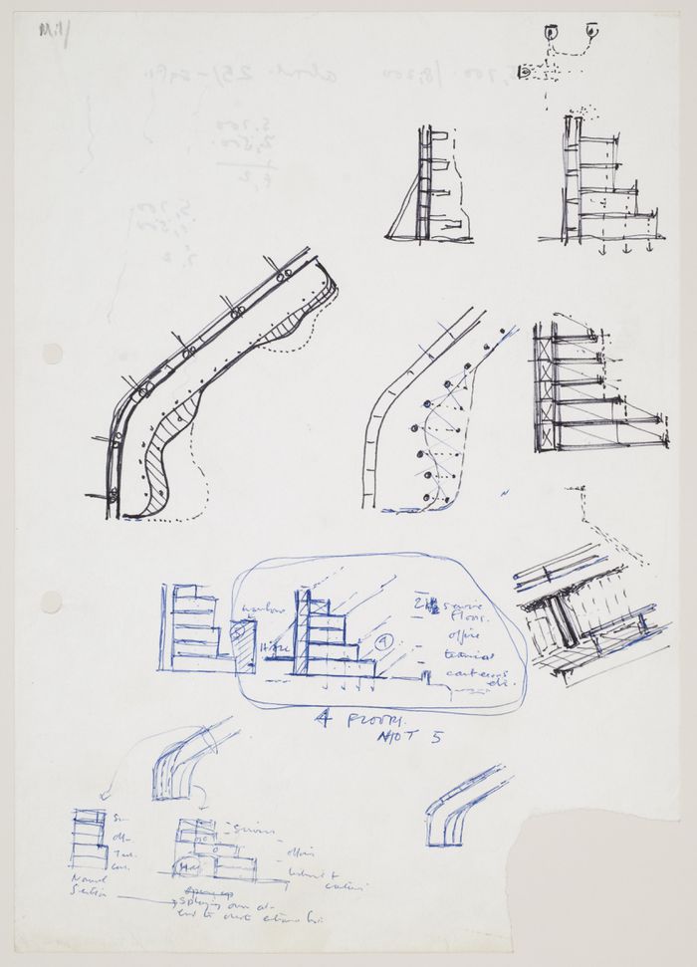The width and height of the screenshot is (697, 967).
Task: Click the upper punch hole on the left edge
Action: point(51,354)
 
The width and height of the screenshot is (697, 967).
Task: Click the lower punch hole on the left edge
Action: point(51,602)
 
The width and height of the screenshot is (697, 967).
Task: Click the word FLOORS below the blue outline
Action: point(343,722)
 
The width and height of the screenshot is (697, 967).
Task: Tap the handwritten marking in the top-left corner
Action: point(49,30)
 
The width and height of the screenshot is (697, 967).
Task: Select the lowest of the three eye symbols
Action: point(527,74)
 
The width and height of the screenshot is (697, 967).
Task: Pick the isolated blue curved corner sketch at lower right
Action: point(461,807)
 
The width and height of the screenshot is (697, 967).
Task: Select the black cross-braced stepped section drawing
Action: point(591,388)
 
